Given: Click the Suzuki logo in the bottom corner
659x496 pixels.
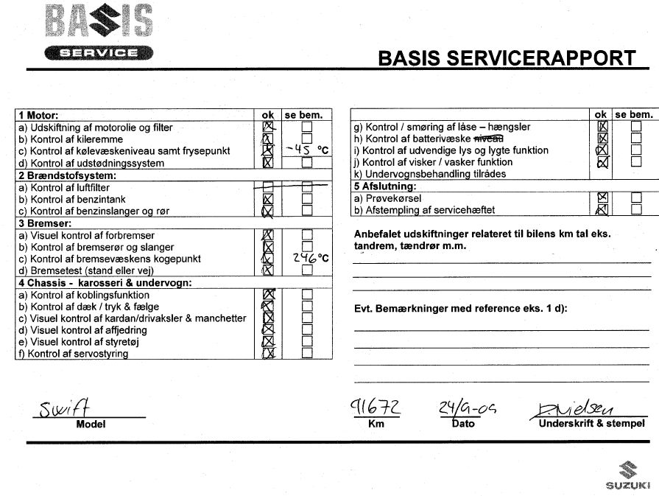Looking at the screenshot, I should click(627, 475).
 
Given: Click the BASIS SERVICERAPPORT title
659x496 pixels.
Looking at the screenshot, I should click(506, 58).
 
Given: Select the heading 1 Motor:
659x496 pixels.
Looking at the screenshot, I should click(38, 116).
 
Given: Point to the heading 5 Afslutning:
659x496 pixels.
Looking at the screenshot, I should click(384, 186).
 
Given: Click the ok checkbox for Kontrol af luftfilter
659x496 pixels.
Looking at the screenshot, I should click(268, 187).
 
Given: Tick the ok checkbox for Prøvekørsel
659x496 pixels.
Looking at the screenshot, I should click(602, 198).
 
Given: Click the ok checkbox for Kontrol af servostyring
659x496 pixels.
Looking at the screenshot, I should click(268, 353).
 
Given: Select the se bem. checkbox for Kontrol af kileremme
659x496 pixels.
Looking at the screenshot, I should click(306, 139).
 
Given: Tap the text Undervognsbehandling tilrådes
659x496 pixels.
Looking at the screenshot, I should click(432, 174).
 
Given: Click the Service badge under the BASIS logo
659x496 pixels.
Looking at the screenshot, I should click(99, 52).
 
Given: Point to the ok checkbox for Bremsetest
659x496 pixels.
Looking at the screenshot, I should click(268, 270).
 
